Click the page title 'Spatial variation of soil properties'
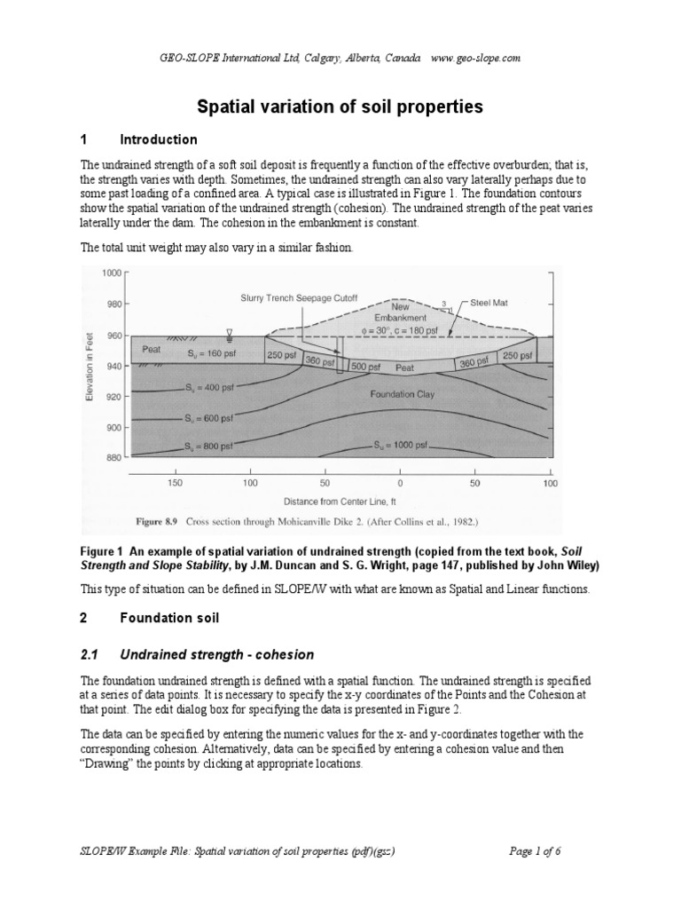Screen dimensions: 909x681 point(340,107)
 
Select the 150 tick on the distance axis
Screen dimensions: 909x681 point(175,483)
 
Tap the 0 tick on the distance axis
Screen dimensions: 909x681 point(400,483)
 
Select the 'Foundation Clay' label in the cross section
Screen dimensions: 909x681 point(403,394)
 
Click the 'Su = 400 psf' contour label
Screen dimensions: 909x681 point(211,388)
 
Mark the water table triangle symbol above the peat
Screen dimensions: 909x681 point(229,334)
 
